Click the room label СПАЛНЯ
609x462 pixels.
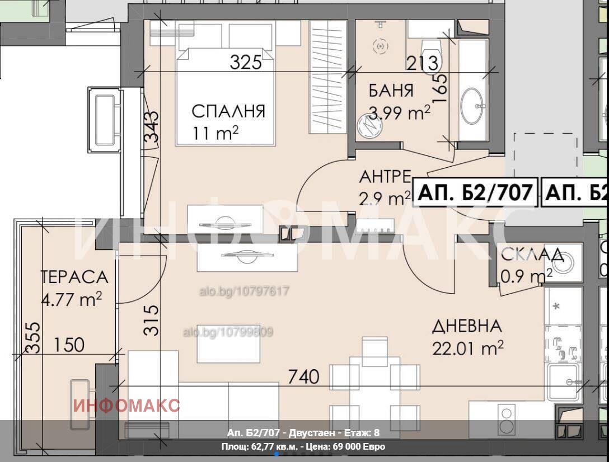click(228, 111)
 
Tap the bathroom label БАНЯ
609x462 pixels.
click(391, 91)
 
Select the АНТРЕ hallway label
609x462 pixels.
click(385, 177)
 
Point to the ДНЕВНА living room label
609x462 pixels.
click(466, 326)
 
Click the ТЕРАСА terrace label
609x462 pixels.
click(74, 277)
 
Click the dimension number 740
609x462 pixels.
click(303, 377)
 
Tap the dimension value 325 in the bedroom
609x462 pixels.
click(246, 62)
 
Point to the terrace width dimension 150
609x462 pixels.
click(70, 345)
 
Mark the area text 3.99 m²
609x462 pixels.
click(399, 113)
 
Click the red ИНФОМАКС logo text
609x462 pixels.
click(127, 405)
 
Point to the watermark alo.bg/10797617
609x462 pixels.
click(244, 291)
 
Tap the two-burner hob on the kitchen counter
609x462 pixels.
click(508, 419)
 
